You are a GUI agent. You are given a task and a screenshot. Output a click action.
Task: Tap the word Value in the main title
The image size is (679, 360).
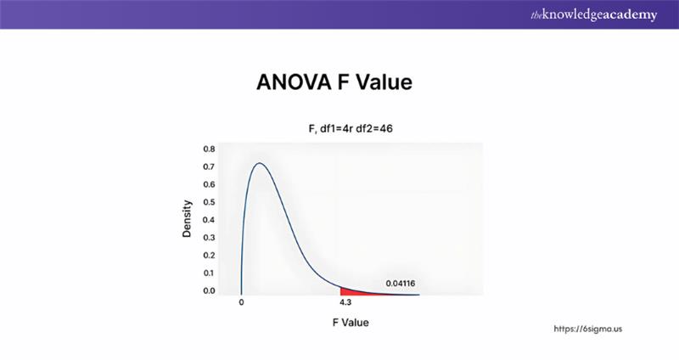382,83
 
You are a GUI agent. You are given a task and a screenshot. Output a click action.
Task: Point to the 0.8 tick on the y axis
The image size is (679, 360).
209,149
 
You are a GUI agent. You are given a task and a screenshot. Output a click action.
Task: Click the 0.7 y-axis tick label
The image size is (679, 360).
209,166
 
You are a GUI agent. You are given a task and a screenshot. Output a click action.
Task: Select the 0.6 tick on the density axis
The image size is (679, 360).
209,184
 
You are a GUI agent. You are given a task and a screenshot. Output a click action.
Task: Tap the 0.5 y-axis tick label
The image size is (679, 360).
209,202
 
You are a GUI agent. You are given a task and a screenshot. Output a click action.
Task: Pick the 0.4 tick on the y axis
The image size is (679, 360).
209,220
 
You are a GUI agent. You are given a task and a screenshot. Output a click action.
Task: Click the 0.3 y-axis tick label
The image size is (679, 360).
209,238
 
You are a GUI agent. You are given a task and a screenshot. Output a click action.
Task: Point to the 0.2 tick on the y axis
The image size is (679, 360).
209,256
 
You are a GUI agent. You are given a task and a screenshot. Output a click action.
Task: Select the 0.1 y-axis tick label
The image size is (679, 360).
209,273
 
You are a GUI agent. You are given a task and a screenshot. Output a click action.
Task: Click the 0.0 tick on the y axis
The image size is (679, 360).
209,290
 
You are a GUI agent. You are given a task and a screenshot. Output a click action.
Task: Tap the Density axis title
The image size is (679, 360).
187,218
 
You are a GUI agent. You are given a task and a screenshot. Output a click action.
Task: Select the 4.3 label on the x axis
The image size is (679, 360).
346,301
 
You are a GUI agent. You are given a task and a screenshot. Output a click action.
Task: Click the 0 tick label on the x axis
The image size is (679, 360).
242,301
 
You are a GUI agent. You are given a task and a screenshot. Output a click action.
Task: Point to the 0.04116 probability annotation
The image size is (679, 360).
400,283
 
